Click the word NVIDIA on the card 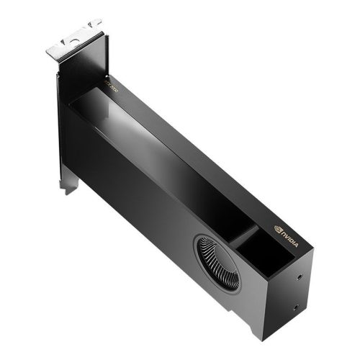[292, 235]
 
